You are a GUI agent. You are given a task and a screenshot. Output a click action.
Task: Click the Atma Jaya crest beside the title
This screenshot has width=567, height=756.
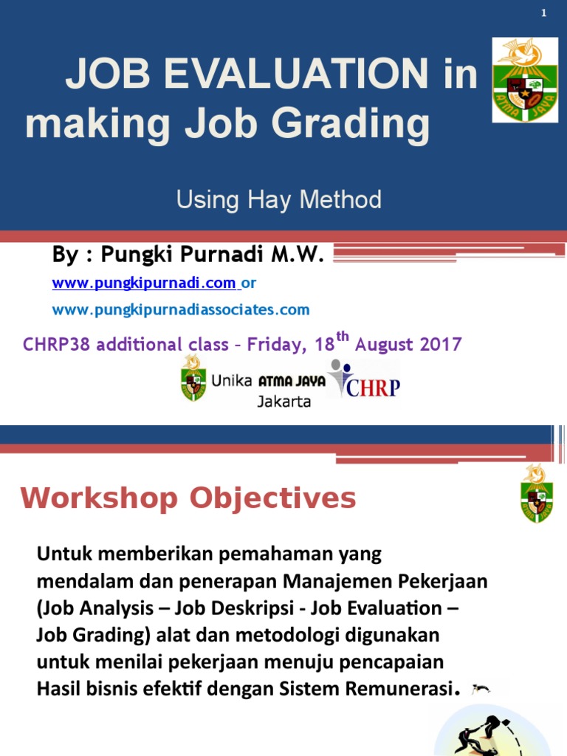pyautogui.click(x=523, y=80)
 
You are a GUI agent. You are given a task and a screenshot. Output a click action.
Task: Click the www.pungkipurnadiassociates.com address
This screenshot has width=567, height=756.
pyautogui.click(x=181, y=310)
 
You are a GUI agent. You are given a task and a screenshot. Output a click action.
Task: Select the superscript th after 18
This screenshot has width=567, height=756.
pyautogui.click(x=342, y=337)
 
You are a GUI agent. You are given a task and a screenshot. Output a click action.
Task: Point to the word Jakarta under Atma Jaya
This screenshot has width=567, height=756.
pyautogui.click(x=284, y=402)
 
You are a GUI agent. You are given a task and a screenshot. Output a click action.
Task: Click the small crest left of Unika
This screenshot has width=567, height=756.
pyautogui.click(x=193, y=379)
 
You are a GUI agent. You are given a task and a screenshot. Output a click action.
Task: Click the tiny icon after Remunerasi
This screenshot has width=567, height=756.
pyautogui.click(x=481, y=690)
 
